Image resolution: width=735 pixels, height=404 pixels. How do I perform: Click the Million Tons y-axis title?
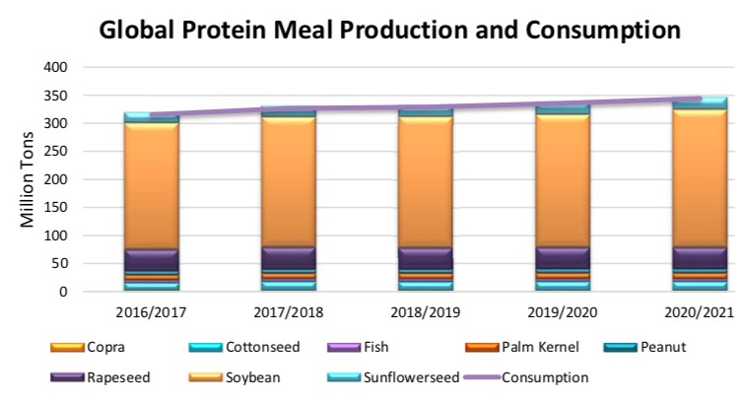tap(29, 180)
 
